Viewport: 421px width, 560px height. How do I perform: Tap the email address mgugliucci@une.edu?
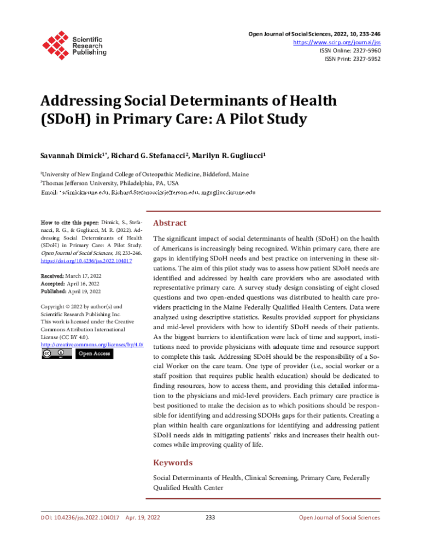click(x=229, y=192)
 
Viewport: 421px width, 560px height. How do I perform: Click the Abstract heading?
click(x=169, y=223)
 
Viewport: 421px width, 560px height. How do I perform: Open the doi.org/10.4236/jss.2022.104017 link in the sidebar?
click(x=86, y=261)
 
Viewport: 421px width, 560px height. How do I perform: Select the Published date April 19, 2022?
click(x=84, y=291)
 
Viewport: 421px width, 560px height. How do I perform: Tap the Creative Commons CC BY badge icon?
click(x=56, y=354)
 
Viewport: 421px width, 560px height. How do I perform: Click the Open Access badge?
click(x=94, y=354)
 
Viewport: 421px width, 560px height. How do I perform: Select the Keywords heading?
click(x=173, y=463)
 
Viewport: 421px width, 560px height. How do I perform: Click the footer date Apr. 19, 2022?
click(x=143, y=517)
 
